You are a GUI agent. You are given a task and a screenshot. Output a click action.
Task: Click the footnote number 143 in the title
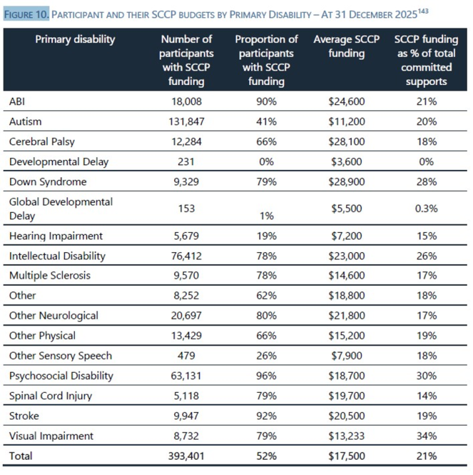point(423,11)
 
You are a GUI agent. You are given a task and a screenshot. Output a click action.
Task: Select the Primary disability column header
point(75,39)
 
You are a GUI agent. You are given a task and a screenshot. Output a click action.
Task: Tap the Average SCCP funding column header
point(346,46)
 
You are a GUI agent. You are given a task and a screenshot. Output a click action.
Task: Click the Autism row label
point(25,121)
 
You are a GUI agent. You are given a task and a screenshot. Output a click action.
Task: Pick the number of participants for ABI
point(186,102)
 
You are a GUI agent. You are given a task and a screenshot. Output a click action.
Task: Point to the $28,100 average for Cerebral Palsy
point(346,141)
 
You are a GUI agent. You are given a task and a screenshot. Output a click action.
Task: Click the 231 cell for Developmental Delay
point(186,161)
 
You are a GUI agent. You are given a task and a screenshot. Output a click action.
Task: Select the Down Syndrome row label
point(48,182)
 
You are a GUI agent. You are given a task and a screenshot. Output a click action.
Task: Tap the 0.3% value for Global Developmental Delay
point(427,208)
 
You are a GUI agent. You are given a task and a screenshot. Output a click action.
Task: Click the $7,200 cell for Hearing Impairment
point(346,236)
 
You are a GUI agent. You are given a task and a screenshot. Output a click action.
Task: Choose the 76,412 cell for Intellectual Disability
point(186,256)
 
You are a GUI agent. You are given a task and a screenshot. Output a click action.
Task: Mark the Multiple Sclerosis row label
point(50,275)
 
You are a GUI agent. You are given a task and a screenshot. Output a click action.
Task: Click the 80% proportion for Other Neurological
point(266,316)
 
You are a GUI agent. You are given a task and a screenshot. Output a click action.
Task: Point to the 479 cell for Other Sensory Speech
point(186,356)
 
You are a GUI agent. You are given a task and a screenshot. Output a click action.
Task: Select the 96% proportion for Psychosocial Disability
point(266,375)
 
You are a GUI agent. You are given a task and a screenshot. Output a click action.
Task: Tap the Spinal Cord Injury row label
point(50,396)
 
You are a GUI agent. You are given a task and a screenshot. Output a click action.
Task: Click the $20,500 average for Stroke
point(346,416)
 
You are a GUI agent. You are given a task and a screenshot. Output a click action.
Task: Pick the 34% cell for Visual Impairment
point(427,436)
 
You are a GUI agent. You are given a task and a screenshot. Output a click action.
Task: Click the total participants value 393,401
point(186,456)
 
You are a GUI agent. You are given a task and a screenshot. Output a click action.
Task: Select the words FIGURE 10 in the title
point(26,15)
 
